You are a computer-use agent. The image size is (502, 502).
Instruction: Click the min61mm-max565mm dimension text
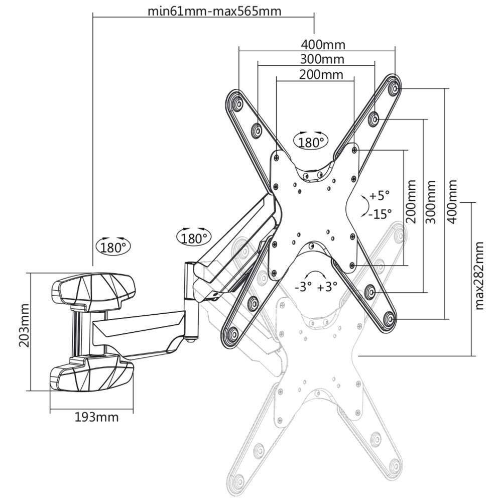tap(214, 11)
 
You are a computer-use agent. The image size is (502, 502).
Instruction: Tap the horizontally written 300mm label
tap(322, 59)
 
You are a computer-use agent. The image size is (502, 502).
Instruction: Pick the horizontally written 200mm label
tap(321, 75)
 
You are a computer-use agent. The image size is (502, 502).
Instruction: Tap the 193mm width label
tap(96, 417)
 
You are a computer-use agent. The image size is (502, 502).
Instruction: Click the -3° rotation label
tap(304, 287)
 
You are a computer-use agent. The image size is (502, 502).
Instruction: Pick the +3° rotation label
tap(327, 287)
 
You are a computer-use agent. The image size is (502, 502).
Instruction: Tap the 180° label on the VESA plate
tap(311, 142)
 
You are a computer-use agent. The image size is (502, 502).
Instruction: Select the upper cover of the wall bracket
tap(93, 290)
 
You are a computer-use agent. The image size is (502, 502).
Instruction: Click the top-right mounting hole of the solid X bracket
tap(394, 88)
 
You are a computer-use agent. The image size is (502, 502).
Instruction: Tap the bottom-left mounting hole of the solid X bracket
tap(232, 334)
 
